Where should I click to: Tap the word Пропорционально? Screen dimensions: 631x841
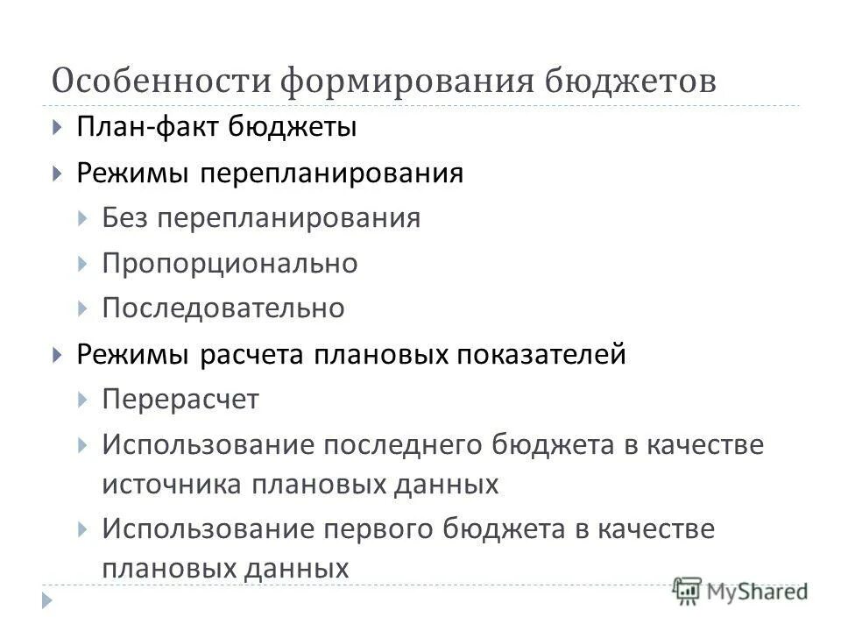230,263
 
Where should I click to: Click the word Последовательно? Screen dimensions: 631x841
223,308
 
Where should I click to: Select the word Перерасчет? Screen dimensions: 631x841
180,400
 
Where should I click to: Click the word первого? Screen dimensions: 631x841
379,529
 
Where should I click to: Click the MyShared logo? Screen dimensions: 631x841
741,592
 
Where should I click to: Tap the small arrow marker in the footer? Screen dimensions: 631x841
47,601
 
